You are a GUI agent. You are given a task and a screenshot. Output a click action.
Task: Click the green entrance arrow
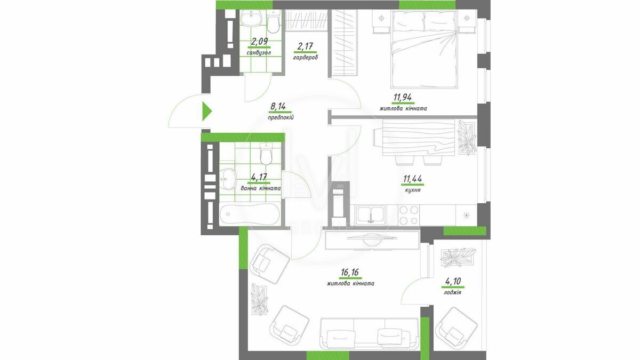pos(207,111)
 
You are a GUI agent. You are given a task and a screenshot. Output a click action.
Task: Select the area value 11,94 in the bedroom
pos(403,98)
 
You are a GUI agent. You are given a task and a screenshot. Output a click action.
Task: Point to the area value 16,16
pos(350,273)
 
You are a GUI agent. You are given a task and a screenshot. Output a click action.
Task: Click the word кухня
pos(413,189)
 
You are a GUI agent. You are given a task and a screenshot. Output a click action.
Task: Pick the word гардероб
pos(306,58)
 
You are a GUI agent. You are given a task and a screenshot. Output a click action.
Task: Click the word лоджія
pos(453,292)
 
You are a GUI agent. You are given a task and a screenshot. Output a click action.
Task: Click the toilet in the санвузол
pos(274,22)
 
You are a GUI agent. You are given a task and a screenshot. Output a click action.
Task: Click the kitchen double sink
pos(370,214)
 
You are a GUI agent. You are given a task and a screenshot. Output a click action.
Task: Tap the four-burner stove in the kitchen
pos(409,215)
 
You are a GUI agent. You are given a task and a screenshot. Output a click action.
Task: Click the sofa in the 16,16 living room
pos(369,339)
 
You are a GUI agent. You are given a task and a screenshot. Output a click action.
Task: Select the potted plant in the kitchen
pos(467,138)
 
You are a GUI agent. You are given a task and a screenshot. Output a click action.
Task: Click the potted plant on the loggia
pos(458,258)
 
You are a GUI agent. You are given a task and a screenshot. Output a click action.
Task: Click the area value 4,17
pos(259,178)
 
